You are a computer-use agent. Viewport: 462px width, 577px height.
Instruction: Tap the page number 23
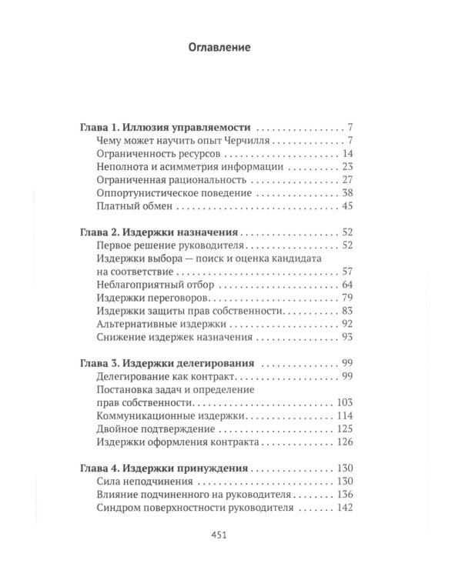pyautogui.click(x=346, y=166)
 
